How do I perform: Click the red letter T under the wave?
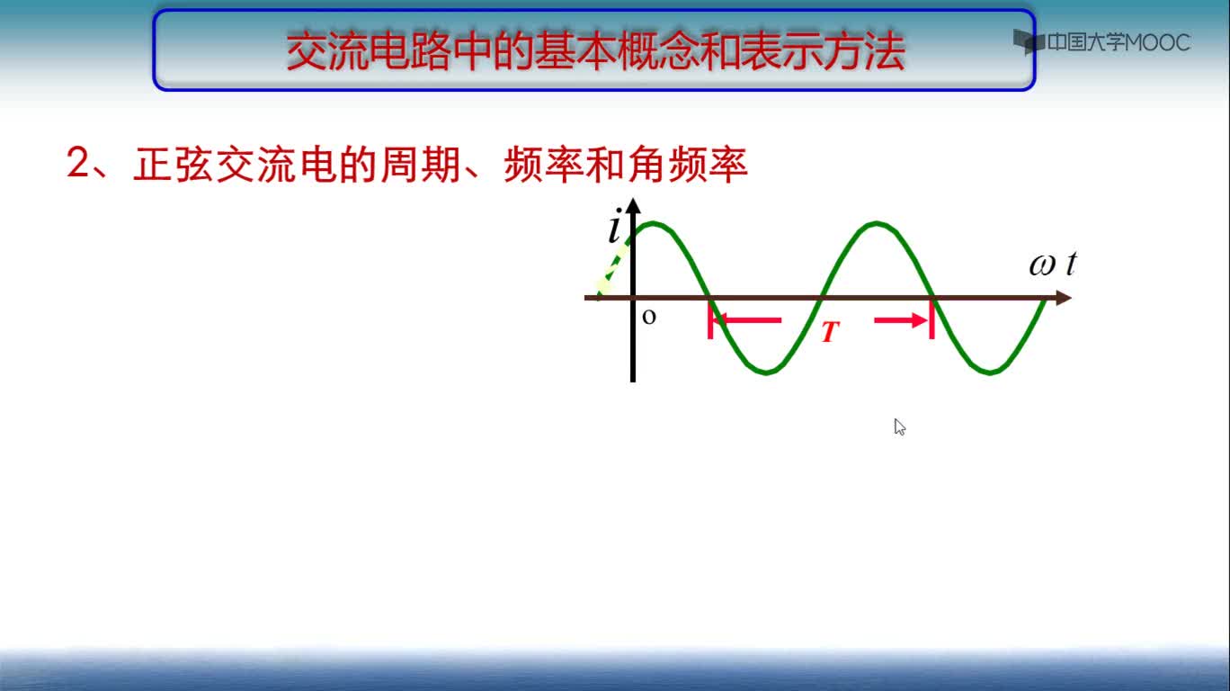(830, 332)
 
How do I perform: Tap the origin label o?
(649, 317)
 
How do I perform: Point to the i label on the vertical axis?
(614, 225)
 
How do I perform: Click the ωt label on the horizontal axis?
(1052, 265)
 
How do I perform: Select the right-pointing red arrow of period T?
(901, 320)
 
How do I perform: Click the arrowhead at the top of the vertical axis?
(633, 205)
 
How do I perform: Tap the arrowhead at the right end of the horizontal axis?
(1064, 298)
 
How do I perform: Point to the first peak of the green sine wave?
(653, 223)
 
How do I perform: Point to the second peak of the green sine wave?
(877, 223)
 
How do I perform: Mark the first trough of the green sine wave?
(766, 372)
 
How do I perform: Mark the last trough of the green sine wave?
(990, 372)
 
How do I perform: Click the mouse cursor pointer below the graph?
(899, 426)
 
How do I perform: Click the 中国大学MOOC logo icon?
(1029, 41)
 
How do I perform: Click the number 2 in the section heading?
(77, 163)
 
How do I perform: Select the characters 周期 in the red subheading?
(421, 165)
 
